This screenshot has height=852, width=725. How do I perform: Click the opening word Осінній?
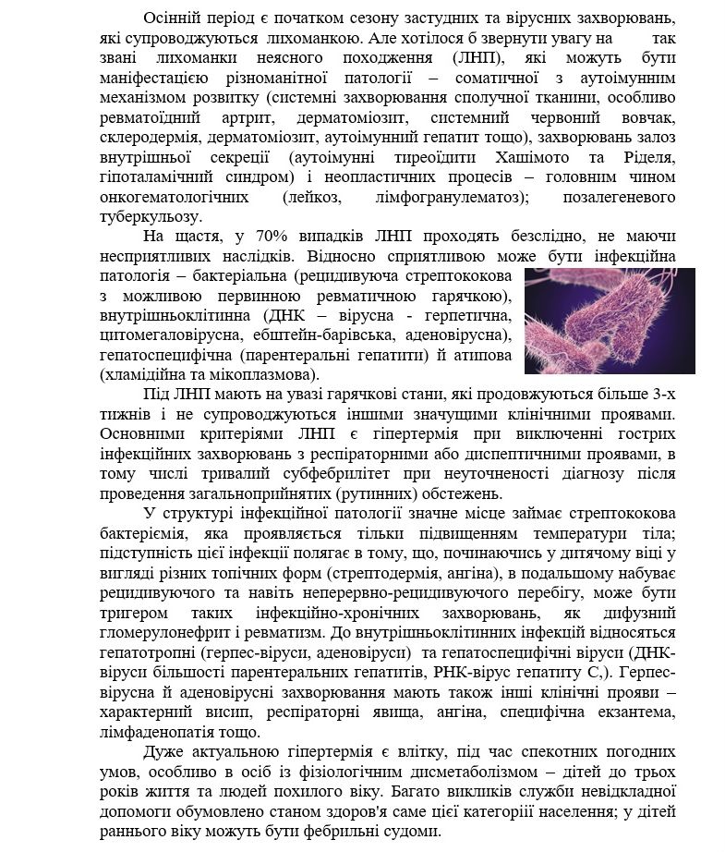coord(171,18)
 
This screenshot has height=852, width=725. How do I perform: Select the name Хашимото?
coord(537,156)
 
